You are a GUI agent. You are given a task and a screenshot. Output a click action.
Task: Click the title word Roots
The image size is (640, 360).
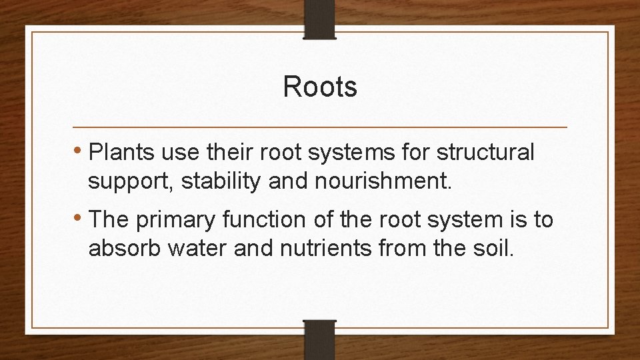pyautogui.click(x=320, y=87)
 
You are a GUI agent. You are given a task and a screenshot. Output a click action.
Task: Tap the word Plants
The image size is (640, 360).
pyautogui.click(x=119, y=153)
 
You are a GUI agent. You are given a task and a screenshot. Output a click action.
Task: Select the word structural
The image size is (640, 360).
pyautogui.click(x=485, y=153)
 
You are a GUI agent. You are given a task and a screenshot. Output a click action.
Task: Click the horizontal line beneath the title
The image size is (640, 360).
pyautogui.click(x=320, y=127)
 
